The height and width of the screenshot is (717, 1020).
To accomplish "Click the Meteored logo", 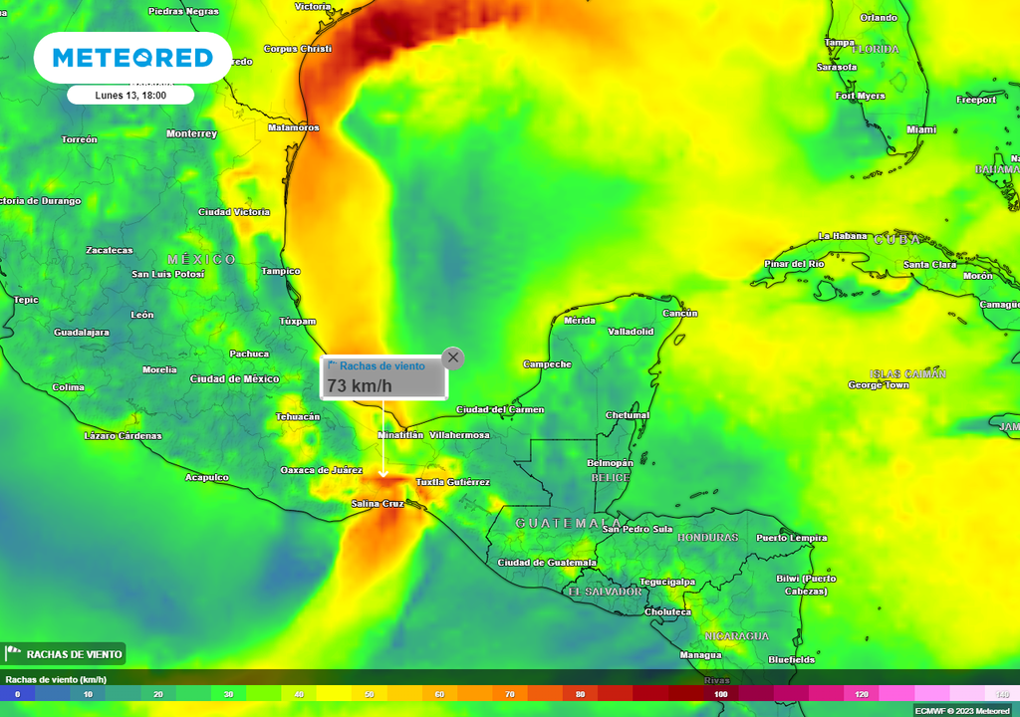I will [132, 58].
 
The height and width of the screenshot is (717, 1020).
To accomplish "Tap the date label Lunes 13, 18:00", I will [130, 96].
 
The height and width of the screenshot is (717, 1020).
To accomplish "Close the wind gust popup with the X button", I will [453, 358].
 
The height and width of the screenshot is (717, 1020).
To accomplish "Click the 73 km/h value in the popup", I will [361, 385].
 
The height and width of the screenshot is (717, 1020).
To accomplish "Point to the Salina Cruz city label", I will [379, 504].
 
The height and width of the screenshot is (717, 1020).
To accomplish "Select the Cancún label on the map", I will [680, 313].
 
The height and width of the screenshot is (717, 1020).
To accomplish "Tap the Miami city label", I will [921, 129].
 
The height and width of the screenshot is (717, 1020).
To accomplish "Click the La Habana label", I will [839, 236].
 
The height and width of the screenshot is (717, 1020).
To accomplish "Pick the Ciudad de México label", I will [234, 378].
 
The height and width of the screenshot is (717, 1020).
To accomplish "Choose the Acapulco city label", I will [207, 477].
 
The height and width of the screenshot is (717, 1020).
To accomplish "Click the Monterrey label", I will [191, 133].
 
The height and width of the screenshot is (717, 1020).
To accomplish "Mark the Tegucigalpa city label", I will [666, 582].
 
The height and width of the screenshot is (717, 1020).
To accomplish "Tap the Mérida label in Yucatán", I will [580, 321].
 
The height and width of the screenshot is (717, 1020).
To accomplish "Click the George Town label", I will [879, 384].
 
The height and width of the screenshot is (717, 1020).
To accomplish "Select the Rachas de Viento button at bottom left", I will [64, 654].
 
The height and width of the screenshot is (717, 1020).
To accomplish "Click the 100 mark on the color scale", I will [720, 693].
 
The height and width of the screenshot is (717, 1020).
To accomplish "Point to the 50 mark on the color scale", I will [369, 693].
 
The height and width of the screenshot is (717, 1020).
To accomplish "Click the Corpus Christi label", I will [298, 48].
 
